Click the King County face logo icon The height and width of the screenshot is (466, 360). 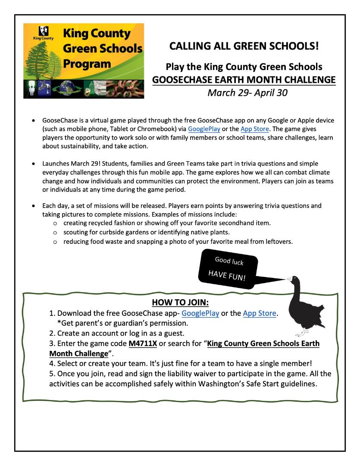click(x=44, y=31)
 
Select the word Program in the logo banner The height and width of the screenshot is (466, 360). click(x=86, y=64)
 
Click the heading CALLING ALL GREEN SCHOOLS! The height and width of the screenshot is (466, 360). click(x=244, y=46)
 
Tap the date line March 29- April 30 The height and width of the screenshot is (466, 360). click(x=244, y=93)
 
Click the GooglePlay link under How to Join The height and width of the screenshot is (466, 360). click(x=200, y=313)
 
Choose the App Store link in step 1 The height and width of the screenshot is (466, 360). click(x=260, y=313)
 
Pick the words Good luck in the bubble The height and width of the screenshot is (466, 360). click(x=229, y=261)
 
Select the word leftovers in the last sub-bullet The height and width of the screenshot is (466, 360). click(x=276, y=242)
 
